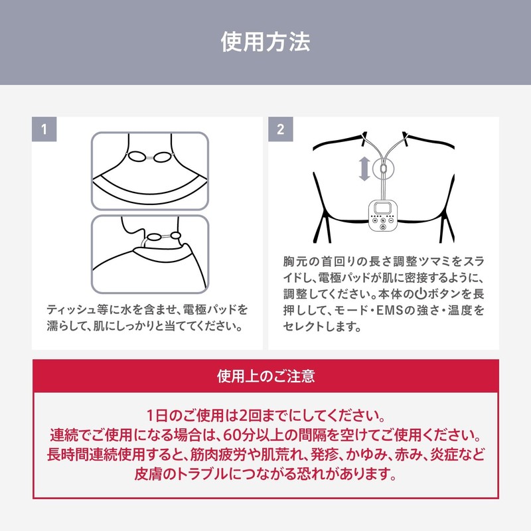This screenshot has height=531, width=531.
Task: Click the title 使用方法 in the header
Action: click(265, 43)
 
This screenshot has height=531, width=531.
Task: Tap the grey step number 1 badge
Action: click(44, 129)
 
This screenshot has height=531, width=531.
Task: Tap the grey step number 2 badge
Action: click(280, 129)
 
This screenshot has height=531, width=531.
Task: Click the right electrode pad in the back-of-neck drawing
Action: click(163, 157)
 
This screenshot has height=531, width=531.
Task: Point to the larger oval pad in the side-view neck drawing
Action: click(155, 237)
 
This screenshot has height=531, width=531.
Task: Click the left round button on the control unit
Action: click(373, 222)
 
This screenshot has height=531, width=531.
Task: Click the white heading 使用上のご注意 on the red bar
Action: click(265, 376)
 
